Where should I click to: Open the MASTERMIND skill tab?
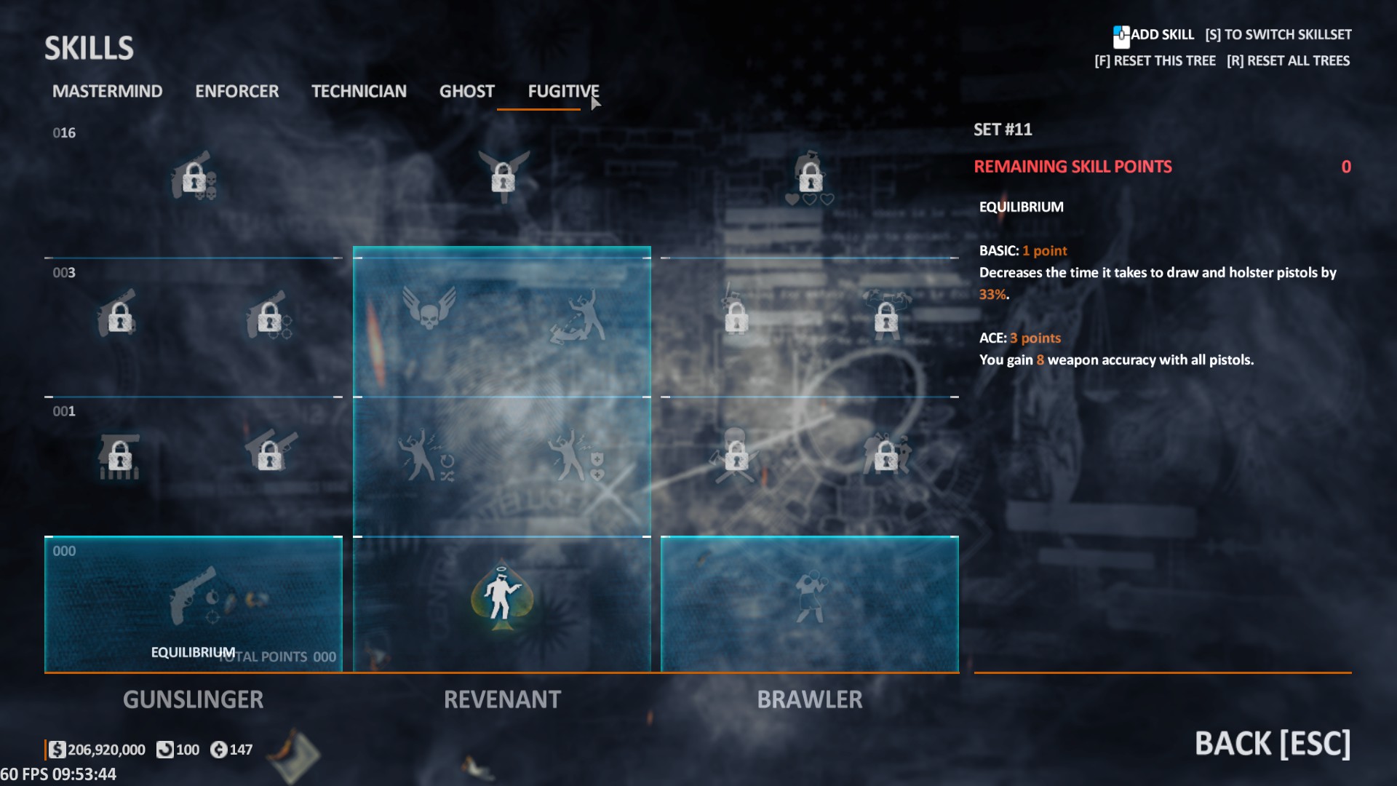[107, 91]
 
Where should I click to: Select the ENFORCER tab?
[236, 91]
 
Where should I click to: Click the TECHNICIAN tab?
[359, 91]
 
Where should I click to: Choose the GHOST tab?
[466, 91]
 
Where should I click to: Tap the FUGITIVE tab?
[563, 91]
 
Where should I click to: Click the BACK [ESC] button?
[1272, 744]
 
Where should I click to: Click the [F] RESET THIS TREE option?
[1155, 61]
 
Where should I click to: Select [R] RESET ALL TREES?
[1288, 61]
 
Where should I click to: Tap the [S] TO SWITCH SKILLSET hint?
[1278, 35]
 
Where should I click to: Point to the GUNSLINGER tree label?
[193, 699]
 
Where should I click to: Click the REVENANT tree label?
[502, 699]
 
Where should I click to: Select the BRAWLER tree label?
[809, 699]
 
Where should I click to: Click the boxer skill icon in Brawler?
[810, 597]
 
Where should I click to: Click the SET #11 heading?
[1003, 130]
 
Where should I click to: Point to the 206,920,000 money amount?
[106, 750]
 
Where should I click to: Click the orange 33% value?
[992, 295]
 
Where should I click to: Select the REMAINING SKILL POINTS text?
[1072, 167]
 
